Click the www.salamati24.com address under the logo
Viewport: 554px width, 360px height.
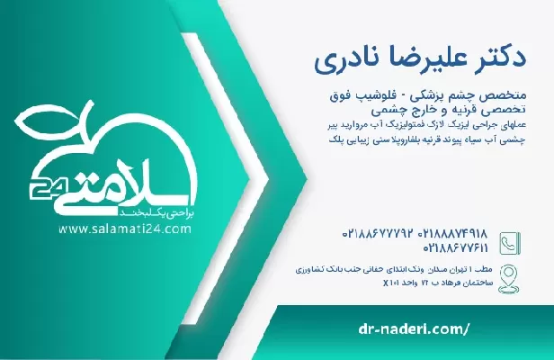click(x=126, y=229)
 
